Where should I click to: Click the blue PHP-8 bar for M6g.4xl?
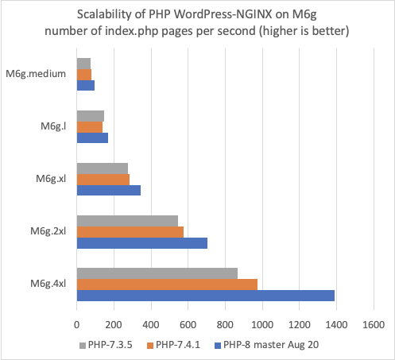click(205, 296)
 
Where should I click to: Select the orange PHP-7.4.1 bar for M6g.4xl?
click(167, 285)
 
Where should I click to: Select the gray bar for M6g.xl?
click(102, 168)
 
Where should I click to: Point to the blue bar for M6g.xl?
click(108, 190)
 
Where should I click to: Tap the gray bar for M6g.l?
click(90, 116)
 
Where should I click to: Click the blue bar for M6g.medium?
click(85, 85)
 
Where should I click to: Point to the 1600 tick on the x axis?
click(373, 324)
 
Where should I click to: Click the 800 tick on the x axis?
click(225, 324)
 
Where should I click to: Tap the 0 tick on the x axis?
click(76, 324)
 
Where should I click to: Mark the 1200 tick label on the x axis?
click(299, 324)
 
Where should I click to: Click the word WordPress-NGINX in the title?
click(212, 15)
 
